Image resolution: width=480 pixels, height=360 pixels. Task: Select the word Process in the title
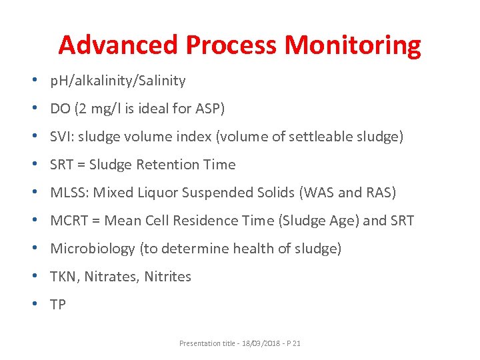(x=231, y=45)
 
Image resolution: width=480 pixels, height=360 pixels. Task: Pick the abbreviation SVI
(x=63, y=137)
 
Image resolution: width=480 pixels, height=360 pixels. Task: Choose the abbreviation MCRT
(x=70, y=221)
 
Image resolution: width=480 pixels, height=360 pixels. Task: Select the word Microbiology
(x=93, y=249)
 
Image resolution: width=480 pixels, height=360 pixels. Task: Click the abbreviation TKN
(x=64, y=277)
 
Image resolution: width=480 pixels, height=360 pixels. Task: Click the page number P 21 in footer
(x=293, y=343)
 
